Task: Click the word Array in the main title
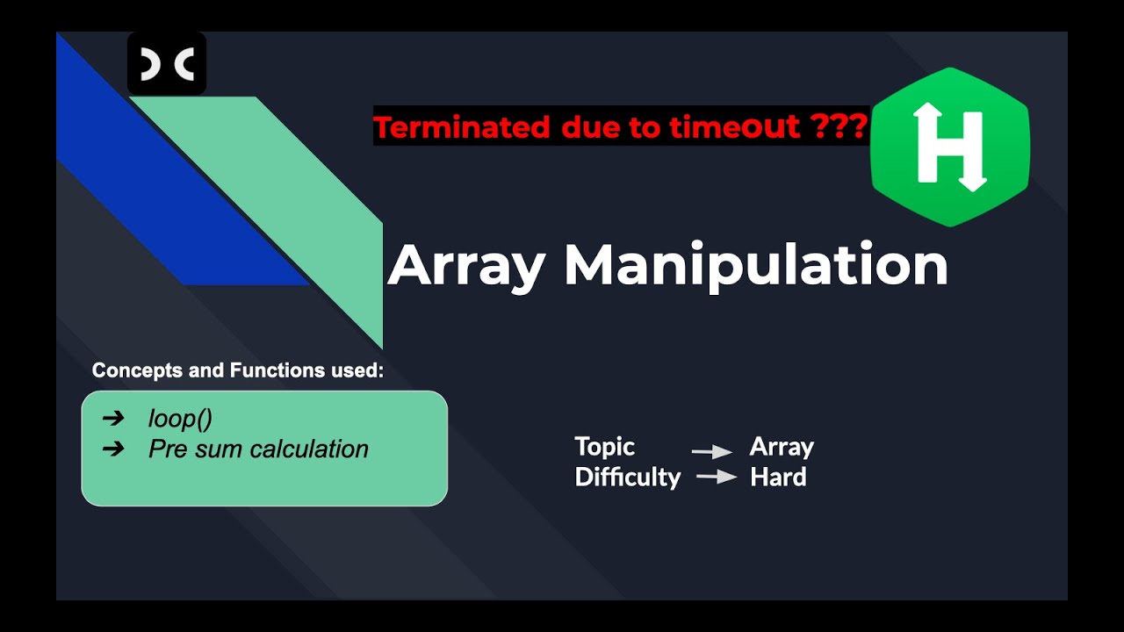click(x=466, y=265)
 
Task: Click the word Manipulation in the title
click(x=755, y=265)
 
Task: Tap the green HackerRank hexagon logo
click(x=949, y=147)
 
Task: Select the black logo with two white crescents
click(x=167, y=64)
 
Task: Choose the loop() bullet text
click(x=180, y=419)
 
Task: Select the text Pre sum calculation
click(x=258, y=449)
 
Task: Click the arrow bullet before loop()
click(x=113, y=419)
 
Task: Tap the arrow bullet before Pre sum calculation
click(x=113, y=449)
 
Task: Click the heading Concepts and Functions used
click(x=238, y=370)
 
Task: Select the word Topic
click(x=604, y=447)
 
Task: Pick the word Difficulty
click(x=627, y=478)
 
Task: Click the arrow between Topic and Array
click(x=711, y=451)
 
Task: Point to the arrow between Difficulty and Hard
click(x=716, y=478)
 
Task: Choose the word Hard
click(x=778, y=478)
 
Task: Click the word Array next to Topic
click(x=782, y=447)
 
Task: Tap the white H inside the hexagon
click(x=949, y=147)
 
